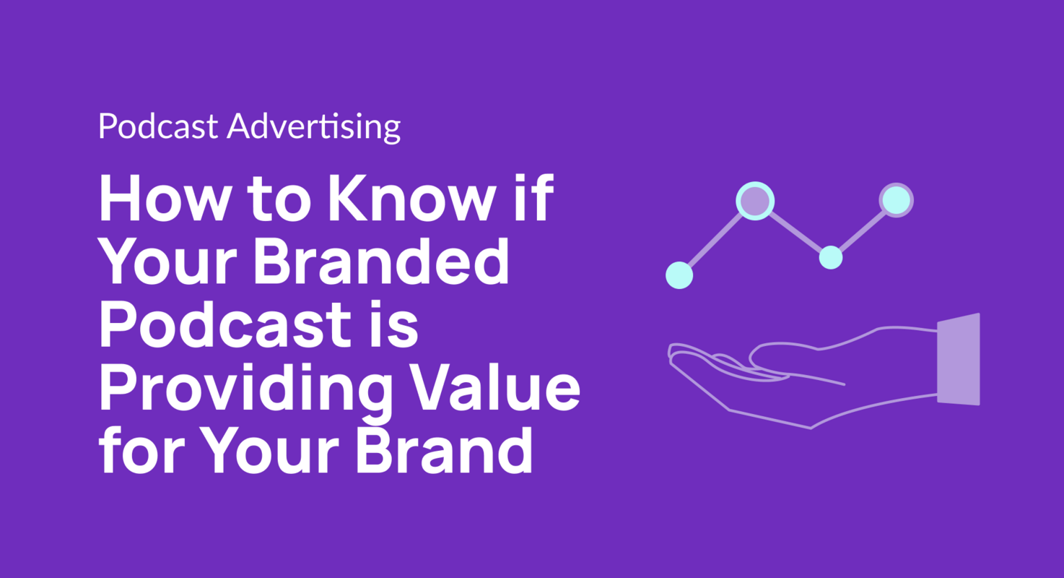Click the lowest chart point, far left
click(679, 275)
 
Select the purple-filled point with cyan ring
click(755, 199)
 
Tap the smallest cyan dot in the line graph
click(831, 257)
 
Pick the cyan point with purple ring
click(896, 199)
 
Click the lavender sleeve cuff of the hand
click(959, 359)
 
